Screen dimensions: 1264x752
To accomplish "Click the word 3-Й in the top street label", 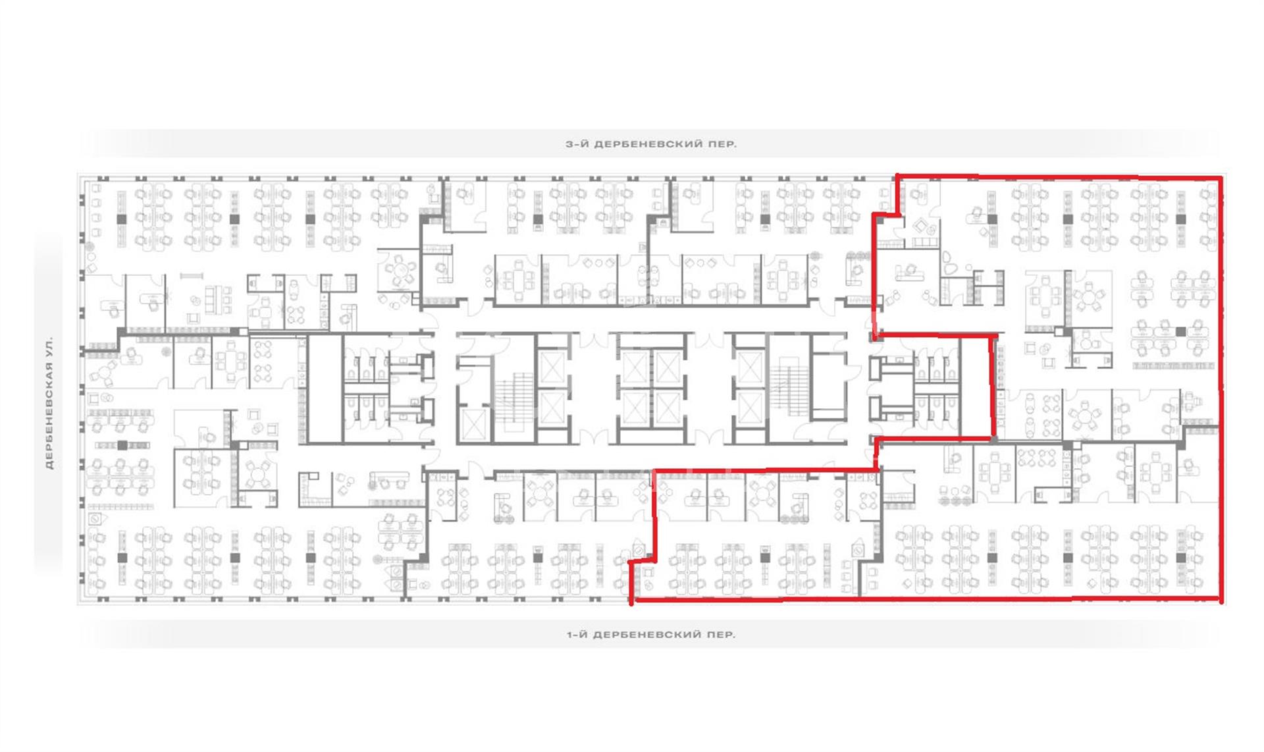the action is pos(577,144).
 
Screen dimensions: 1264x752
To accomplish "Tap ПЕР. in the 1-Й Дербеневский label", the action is pos(723,635).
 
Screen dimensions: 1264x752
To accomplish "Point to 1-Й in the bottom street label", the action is pos(577,635).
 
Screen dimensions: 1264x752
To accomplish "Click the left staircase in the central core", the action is pos(513,398).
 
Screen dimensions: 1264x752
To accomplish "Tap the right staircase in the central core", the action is pos(788,389).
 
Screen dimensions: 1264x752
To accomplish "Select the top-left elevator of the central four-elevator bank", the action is pos(634,367).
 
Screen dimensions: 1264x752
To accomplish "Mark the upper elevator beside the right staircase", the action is pos(749,367).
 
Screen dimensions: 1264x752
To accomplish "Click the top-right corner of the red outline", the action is pos(1221,178).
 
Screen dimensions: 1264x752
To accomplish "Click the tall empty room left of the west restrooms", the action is pos(325,389).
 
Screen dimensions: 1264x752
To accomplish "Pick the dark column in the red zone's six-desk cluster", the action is pos(1180,332).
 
